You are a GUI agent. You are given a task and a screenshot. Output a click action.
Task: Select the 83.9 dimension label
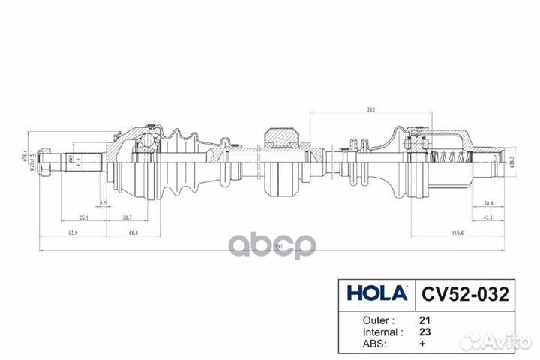point(72,233)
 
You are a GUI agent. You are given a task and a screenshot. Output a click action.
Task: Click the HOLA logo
point(376,292)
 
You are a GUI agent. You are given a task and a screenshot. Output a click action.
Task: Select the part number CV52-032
point(461,292)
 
